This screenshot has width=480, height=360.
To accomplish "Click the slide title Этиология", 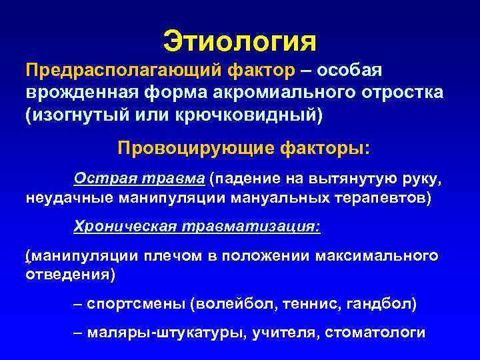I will tap(240, 41).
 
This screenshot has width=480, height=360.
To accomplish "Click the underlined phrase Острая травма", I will tap(139, 179).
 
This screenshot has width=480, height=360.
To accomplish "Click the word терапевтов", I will tap(386, 198).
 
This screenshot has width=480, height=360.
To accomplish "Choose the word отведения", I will tap(66, 275).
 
